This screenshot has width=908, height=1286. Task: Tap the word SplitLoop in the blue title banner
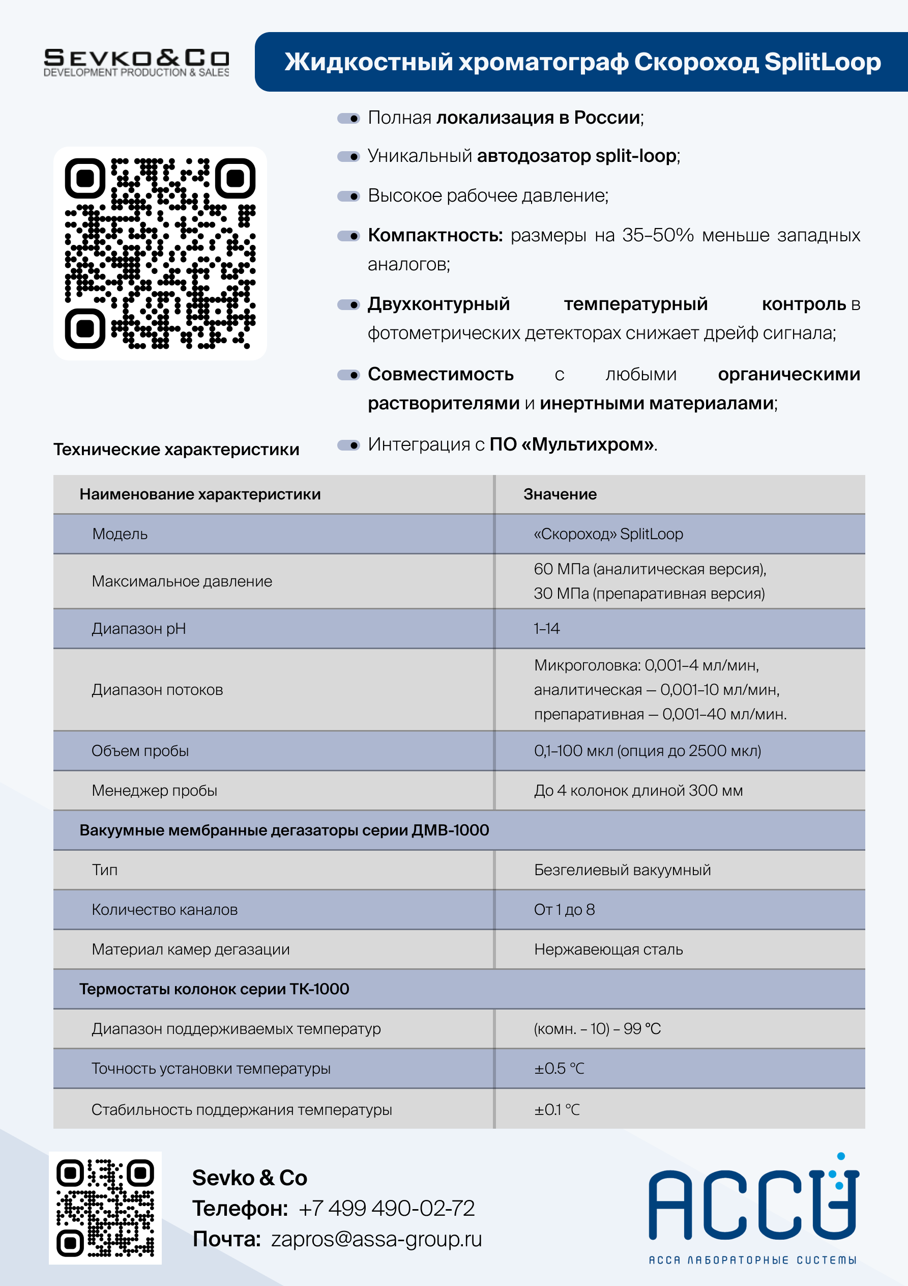pyautogui.click(x=822, y=62)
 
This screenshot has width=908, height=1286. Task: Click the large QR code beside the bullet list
pyautogui.click(x=160, y=253)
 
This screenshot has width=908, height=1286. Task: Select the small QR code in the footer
pyautogui.click(x=105, y=1208)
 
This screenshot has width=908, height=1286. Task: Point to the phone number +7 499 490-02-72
pyautogui.click(x=386, y=1208)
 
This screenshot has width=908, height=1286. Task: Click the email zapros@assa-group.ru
pyautogui.click(x=376, y=1239)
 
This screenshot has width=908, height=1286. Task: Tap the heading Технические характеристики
pyautogui.click(x=177, y=449)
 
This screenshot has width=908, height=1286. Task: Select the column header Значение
pyautogui.click(x=560, y=494)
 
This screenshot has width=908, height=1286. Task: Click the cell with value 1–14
pyautogui.click(x=546, y=628)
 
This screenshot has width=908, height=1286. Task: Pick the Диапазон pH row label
pyautogui.click(x=139, y=628)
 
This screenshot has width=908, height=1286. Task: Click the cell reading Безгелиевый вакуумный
pyautogui.click(x=622, y=870)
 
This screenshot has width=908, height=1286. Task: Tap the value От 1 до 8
pyautogui.click(x=564, y=910)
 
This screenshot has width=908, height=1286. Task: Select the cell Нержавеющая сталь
pyautogui.click(x=608, y=949)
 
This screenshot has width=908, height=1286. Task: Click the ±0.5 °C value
pyautogui.click(x=559, y=1069)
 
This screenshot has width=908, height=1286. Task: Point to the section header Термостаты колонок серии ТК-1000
pyautogui.click(x=214, y=989)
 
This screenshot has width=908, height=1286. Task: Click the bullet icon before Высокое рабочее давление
pyautogui.click(x=348, y=196)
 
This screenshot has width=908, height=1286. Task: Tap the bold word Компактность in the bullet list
pyautogui.click(x=435, y=235)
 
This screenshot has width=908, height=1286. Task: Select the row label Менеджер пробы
pyautogui.click(x=155, y=790)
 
